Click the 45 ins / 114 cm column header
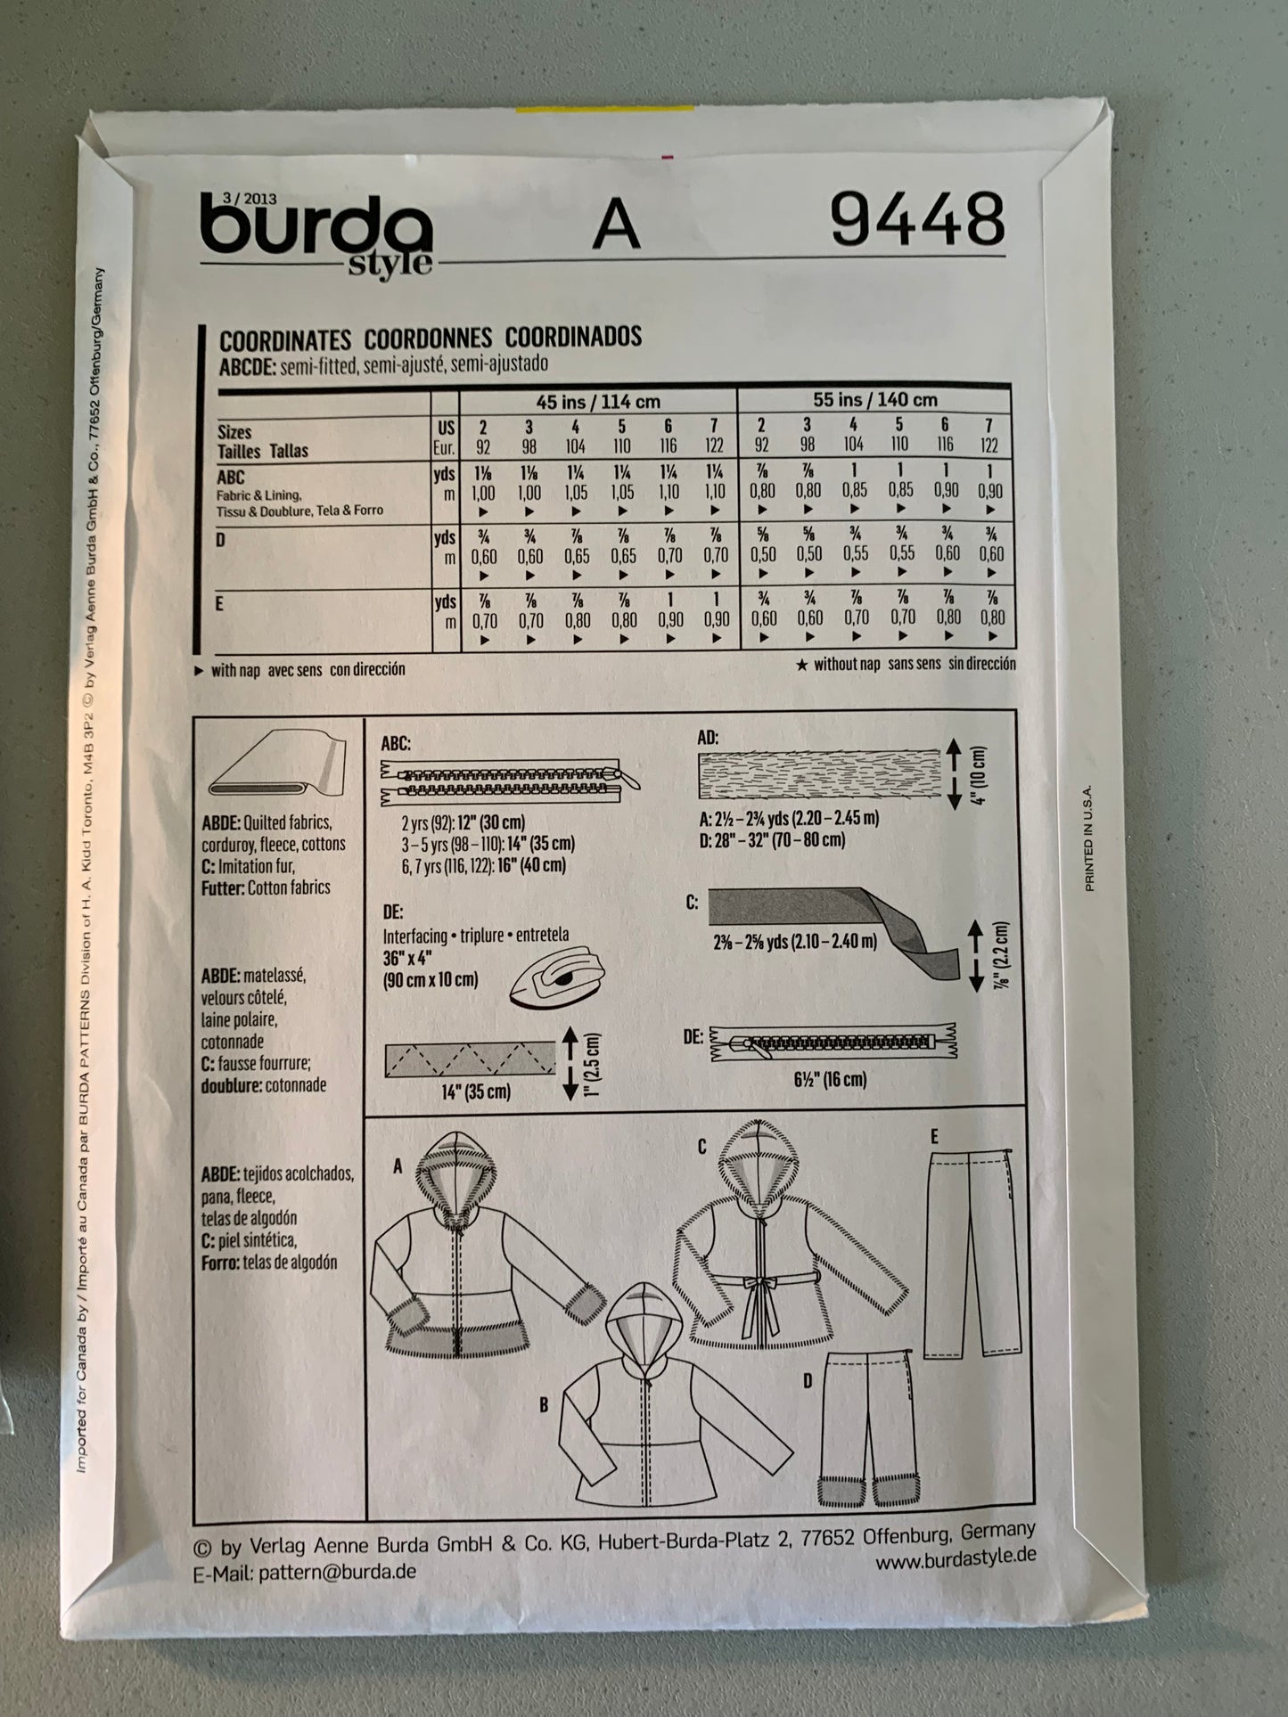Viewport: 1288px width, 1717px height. point(598,402)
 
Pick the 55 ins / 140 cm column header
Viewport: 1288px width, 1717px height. point(874,399)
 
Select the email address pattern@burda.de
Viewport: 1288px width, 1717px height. point(337,1573)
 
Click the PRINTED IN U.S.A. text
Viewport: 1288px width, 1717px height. point(1088,826)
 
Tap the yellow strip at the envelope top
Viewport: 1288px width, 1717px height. point(605,110)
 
